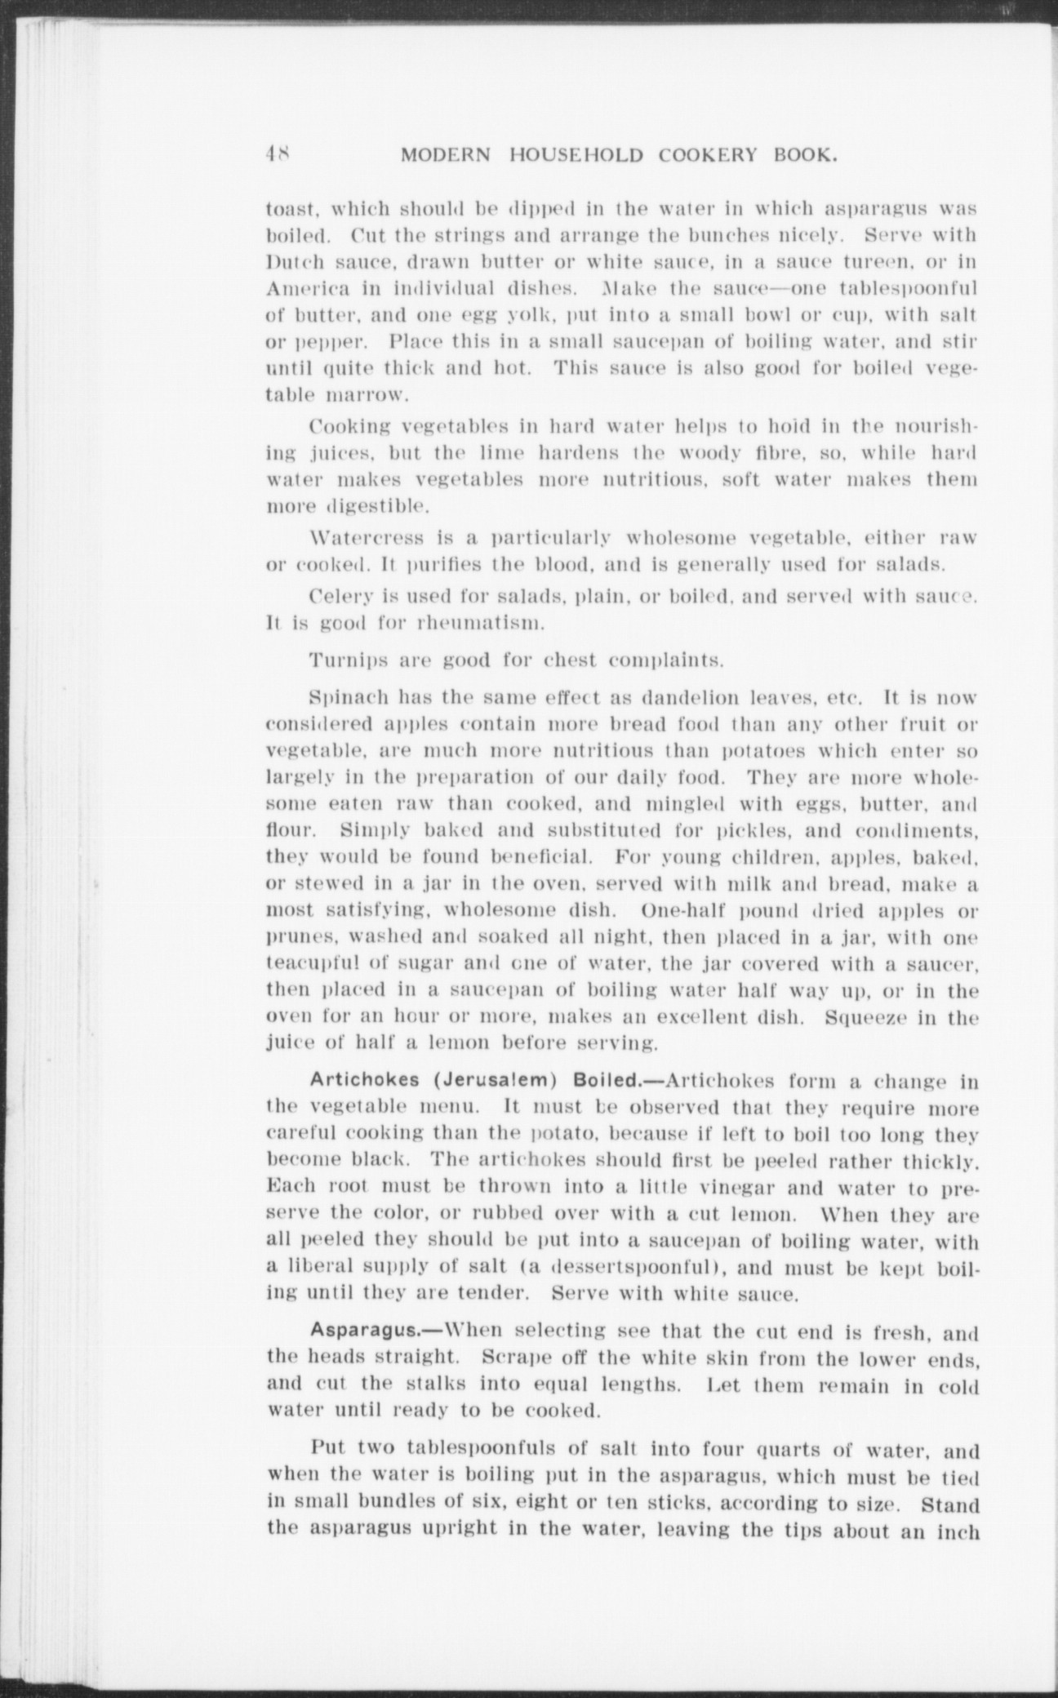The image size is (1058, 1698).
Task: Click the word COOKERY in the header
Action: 695,154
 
